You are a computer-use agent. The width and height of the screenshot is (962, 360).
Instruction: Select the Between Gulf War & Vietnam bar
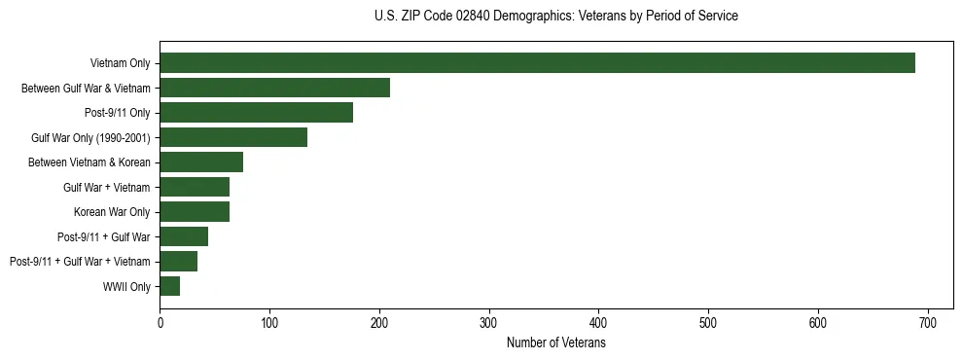click(274, 88)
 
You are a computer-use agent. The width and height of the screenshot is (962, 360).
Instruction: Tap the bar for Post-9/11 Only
click(256, 113)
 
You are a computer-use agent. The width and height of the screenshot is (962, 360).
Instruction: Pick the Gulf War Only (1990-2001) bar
click(233, 137)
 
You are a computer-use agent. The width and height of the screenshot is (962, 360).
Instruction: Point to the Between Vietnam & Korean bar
click(201, 162)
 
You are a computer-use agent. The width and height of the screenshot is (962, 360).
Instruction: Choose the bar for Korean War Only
click(195, 212)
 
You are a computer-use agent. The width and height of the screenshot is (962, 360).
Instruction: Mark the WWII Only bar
click(170, 286)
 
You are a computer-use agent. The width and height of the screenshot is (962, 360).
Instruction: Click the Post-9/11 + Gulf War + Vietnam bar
click(179, 262)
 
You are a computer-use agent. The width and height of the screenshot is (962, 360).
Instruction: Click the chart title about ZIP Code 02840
click(555, 17)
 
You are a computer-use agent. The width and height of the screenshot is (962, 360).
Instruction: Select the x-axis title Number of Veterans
click(555, 343)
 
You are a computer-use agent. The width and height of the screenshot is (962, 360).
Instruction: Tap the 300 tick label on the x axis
click(489, 322)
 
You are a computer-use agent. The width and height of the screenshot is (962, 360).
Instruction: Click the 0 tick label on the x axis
click(160, 322)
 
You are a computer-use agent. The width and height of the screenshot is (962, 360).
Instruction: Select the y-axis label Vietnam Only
click(120, 63)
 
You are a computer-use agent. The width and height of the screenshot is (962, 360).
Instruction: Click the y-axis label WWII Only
click(126, 286)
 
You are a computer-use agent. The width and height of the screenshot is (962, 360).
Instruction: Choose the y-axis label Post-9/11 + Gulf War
click(104, 236)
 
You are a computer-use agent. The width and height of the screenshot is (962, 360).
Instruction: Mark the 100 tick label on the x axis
click(270, 322)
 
